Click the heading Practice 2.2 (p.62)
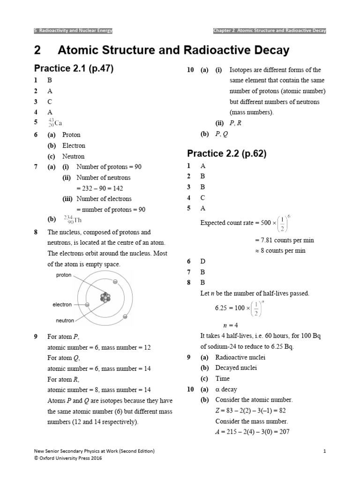227,153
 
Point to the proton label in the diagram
64,275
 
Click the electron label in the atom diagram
62,305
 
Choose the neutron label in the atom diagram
65,321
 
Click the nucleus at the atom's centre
106,298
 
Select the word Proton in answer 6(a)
71,135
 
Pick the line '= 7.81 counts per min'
284,240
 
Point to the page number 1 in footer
324,451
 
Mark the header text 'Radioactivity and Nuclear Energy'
75,31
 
